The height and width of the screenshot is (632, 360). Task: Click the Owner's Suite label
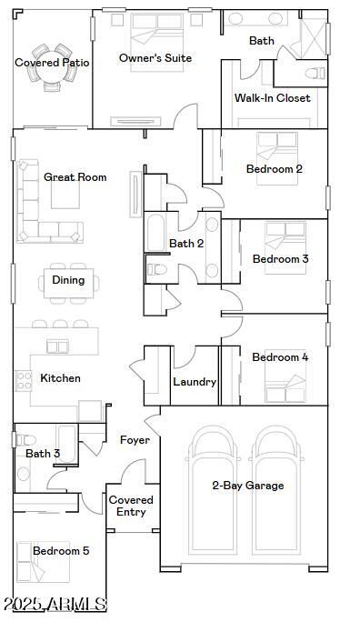pos(155,58)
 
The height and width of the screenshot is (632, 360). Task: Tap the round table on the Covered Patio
pos(52,67)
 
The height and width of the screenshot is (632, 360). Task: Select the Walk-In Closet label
pos(273,98)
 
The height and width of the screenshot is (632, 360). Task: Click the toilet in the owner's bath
pos(315,74)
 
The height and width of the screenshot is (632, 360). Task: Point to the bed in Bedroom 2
pos(277,158)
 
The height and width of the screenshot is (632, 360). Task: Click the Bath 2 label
pos(186,244)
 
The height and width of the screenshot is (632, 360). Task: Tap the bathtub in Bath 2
pos(155,232)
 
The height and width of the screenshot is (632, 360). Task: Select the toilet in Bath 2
pos(157,269)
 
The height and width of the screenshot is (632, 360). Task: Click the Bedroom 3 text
pos(280,259)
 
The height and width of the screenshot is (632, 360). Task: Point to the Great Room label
pos(75,177)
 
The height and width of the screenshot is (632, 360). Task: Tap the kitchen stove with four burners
pos(24,381)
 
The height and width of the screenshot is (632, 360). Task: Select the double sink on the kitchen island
pos(57,346)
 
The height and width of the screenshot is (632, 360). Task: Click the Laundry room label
pos(195,382)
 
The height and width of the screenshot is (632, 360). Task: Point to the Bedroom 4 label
pos(280,357)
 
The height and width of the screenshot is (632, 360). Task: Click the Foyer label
pos(135,440)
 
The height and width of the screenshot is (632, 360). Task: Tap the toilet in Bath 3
pos(26,440)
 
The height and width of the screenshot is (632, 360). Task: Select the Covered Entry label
pos(131,506)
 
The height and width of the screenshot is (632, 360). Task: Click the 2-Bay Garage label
pos(248,486)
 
